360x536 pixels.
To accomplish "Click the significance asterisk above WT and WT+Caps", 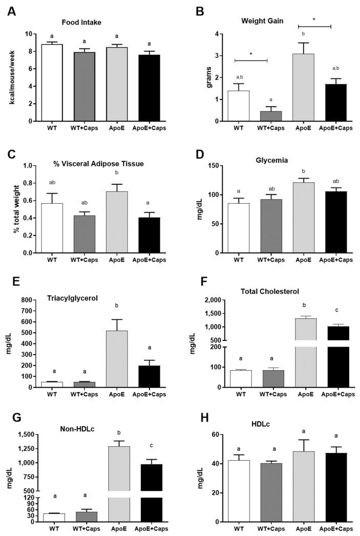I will [x=251, y=54].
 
